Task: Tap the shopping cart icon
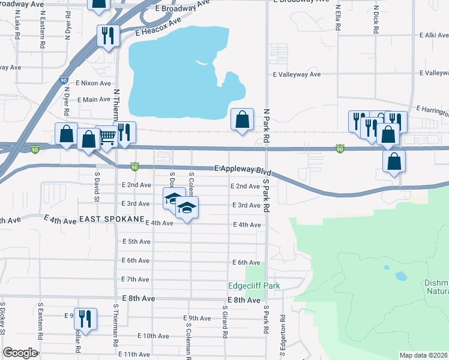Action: pos(107,137)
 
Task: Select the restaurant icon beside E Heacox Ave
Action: pos(106,35)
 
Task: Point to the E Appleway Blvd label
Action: pos(238,170)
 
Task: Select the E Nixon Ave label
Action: pos(93,83)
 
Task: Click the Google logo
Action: pos(20,353)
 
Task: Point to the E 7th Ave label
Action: pos(135,280)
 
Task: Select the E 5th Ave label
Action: pos(135,241)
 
